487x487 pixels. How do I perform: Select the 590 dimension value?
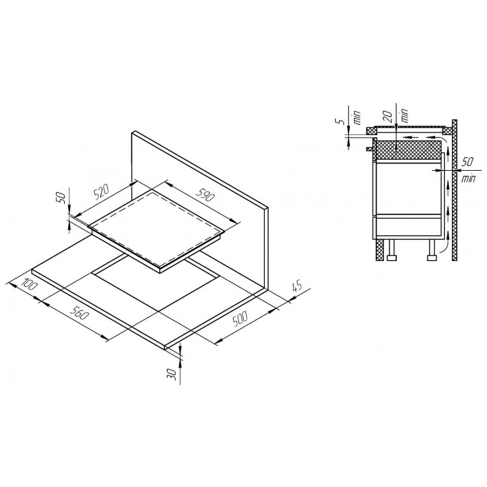click(x=205, y=195)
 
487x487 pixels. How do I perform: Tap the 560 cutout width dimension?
click(x=79, y=313)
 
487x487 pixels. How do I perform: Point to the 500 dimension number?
click(x=240, y=319)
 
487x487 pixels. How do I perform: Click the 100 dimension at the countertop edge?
click(x=29, y=284)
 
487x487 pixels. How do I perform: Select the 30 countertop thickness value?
click(x=171, y=374)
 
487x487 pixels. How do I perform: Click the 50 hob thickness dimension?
click(x=62, y=198)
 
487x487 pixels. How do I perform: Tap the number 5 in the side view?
click(x=342, y=121)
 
